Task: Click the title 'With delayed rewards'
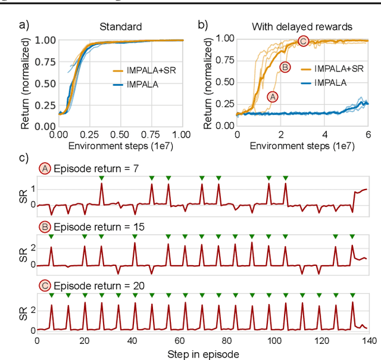pos(302,27)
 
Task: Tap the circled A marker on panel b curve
pos(273,96)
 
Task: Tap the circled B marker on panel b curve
pos(285,67)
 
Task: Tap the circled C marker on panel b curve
pos(303,41)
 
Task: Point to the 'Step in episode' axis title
pos(202,353)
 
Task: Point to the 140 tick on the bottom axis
pos(367,340)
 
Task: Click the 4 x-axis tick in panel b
pos(324,135)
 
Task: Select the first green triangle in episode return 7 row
pos(101,178)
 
